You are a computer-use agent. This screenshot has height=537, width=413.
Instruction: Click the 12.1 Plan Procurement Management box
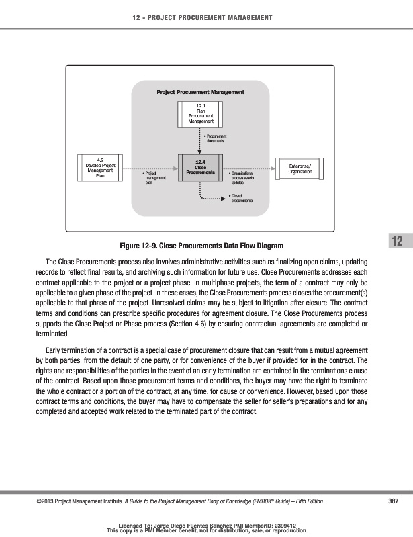(x=201, y=113)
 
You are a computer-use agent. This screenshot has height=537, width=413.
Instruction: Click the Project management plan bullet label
(x=154, y=177)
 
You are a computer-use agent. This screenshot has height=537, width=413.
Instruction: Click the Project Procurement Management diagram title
(x=200, y=91)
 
